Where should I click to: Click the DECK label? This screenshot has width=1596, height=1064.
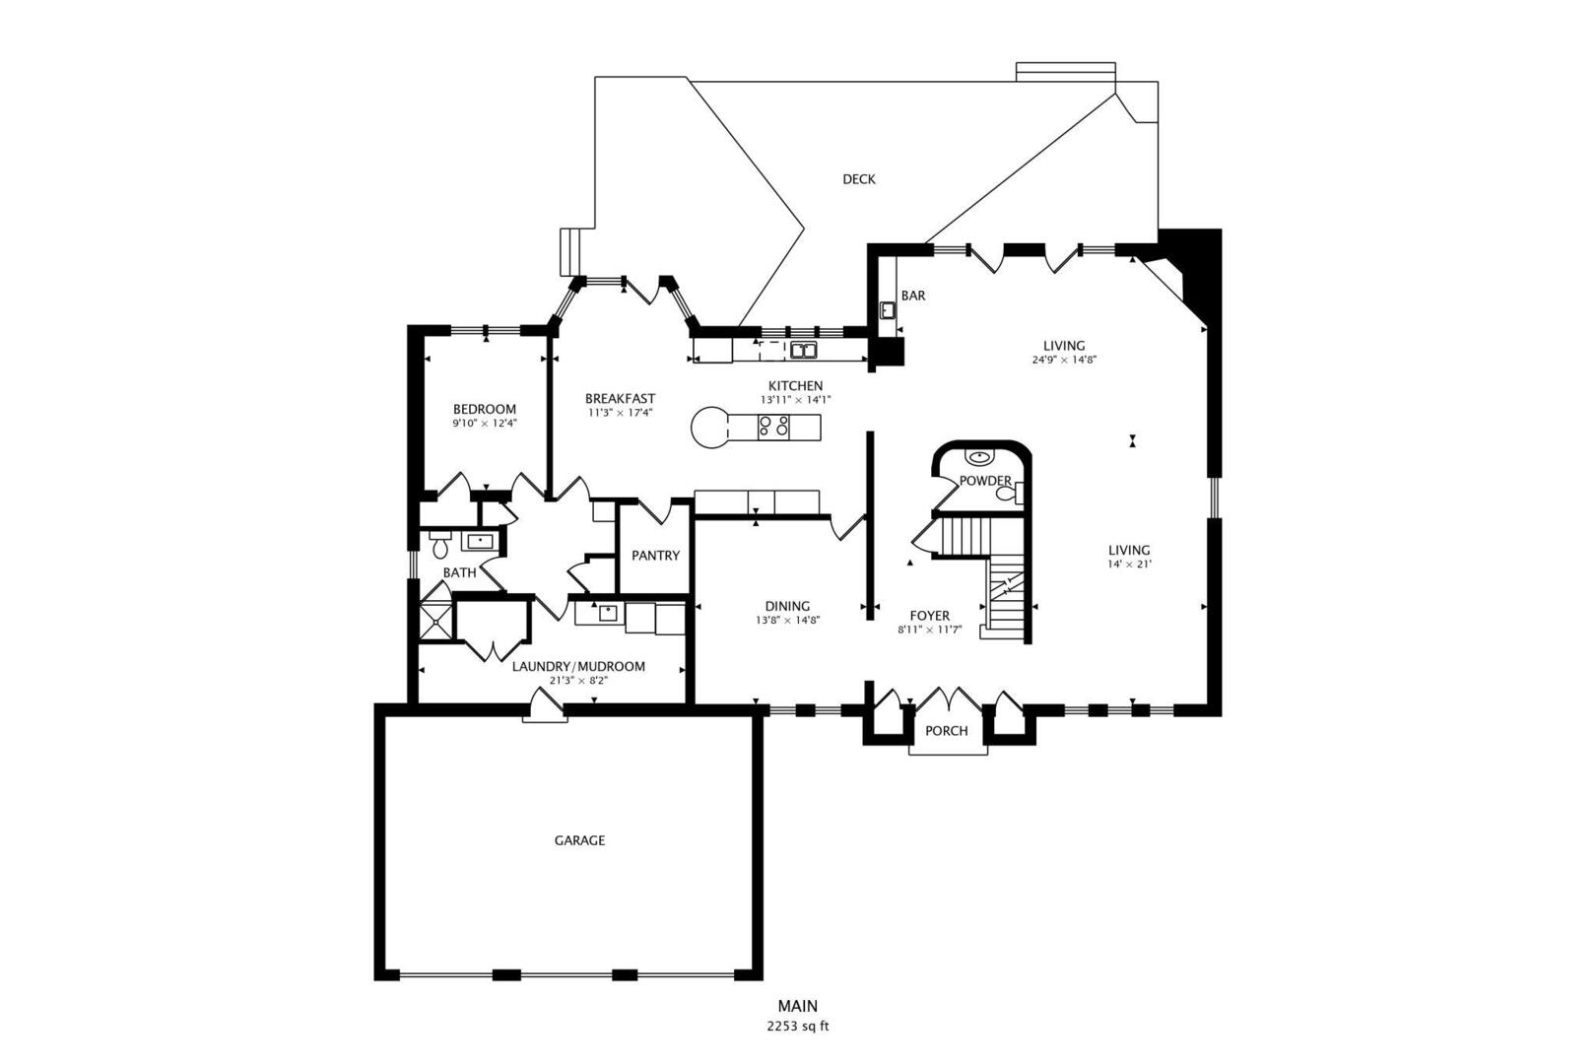coord(858,179)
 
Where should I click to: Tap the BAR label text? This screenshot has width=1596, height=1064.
coord(912,296)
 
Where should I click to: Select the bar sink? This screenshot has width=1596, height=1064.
coord(888,310)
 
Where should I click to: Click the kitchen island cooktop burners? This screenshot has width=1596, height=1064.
coord(773,427)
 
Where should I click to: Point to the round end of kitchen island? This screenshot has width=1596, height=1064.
coord(710,428)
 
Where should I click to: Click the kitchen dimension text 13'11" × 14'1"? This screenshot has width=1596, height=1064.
coord(795,400)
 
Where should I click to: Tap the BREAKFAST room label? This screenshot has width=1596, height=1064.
coord(620,399)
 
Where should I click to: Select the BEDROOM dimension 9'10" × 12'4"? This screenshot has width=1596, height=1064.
coord(485,423)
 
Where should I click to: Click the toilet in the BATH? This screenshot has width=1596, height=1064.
coord(440,545)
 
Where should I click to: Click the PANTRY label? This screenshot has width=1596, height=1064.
coord(655,556)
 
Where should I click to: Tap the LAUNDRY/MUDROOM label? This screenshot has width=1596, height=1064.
coord(578,667)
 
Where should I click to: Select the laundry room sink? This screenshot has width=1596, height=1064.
coord(607,613)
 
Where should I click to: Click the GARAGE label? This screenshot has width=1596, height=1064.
coord(579,841)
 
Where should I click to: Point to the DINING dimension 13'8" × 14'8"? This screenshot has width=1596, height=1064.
coord(787,621)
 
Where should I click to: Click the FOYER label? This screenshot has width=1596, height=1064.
coord(929,616)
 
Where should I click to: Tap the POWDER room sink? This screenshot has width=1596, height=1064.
coord(978,457)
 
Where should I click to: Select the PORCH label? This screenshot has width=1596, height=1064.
coord(946,731)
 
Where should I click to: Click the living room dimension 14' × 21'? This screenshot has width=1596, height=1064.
coord(1129,565)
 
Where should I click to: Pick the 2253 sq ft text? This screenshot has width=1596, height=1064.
coord(797,1027)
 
